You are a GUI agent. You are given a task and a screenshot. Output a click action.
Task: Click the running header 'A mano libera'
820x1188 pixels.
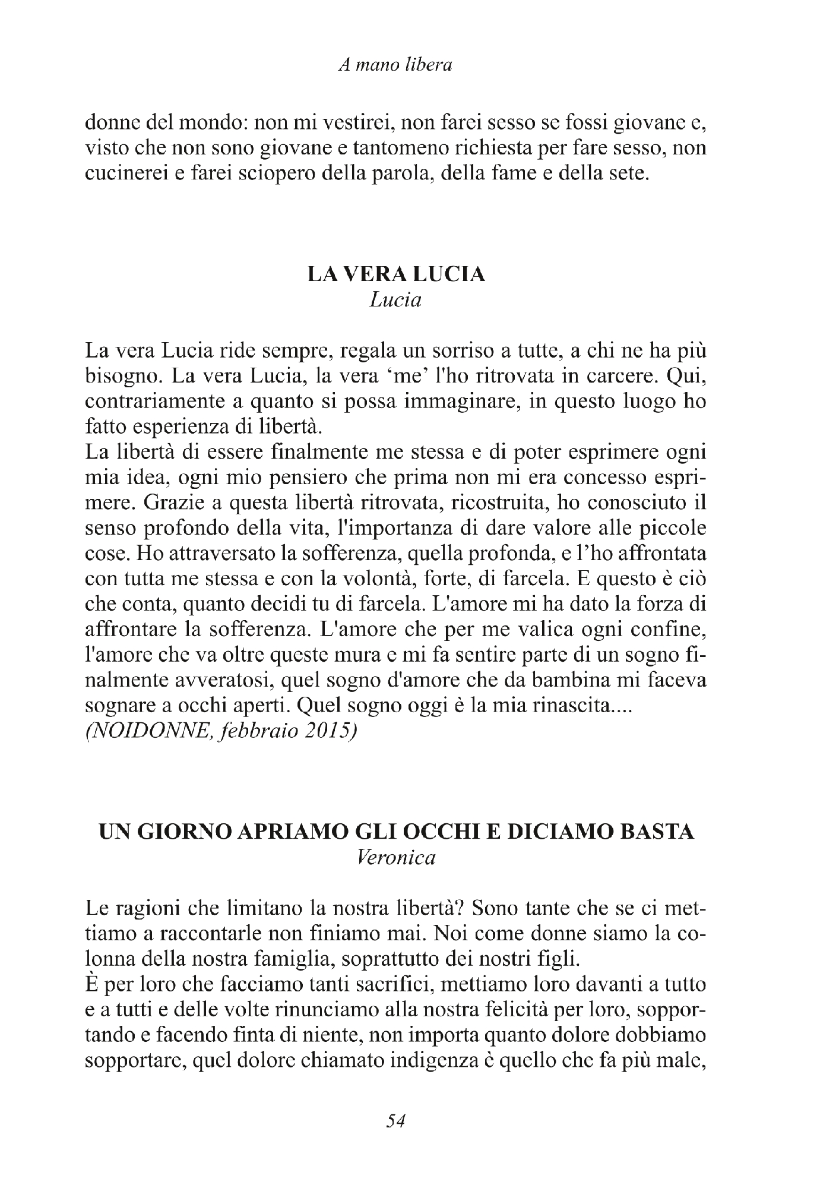click(395, 65)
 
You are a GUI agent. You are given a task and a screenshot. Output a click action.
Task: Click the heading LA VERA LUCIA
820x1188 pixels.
click(395, 274)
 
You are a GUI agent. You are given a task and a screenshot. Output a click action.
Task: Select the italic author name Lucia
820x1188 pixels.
click(395, 301)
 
